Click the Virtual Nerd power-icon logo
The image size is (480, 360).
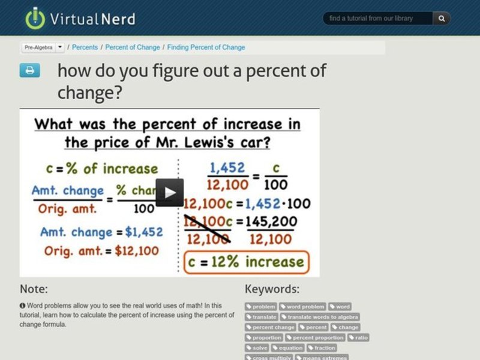click(35, 18)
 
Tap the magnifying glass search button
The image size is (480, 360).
click(442, 19)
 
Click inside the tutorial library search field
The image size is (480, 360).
click(378, 19)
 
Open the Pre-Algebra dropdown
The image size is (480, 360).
click(44, 47)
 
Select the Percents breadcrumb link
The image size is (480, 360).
click(85, 47)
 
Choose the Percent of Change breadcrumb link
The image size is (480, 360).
click(133, 47)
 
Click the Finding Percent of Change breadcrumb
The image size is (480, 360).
click(206, 47)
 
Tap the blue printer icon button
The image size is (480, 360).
click(29, 71)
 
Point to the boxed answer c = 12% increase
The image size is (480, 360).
click(245, 262)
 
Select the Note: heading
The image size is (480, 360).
click(34, 289)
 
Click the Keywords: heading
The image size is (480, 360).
click(272, 289)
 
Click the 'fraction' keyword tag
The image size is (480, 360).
click(322, 348)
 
